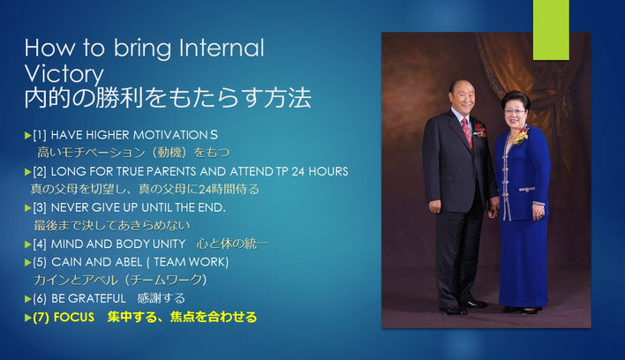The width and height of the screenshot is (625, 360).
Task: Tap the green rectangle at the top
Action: coord(550,29)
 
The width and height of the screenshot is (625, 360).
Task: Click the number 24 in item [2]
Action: coord(305,170)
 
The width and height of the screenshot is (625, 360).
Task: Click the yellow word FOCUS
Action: coord(74,318)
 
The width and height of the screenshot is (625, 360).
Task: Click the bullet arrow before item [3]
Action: coord(26,207)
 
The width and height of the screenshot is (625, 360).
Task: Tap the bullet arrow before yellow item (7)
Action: coord(26,318)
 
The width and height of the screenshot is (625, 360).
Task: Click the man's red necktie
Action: coord(467,132)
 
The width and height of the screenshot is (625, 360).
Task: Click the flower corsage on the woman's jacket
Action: coord(521,136)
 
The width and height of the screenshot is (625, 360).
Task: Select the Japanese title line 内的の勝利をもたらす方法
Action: coord(167,98)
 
